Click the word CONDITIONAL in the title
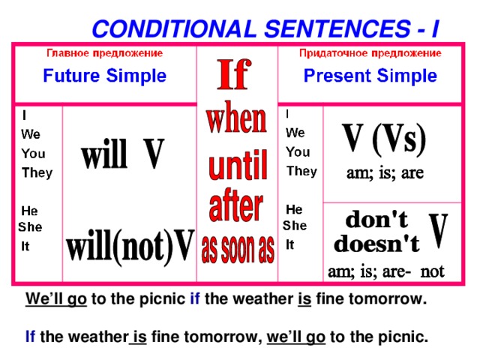pos(174,28)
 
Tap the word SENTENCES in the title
pos(337,28)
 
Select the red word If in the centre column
pos(234,74)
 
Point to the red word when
pos(236,118)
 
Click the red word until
pos(238,165)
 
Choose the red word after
pos(235,205)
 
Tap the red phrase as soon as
pos(238,249)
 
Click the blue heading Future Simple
pos(105,76)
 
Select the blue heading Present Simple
pos(370,76)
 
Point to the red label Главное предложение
pos(105,53)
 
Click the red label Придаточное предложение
pos(370,53)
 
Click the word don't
pos(376,219)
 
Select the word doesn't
pos(376,244)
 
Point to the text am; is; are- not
pos(385,271)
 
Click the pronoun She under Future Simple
pos(30,226)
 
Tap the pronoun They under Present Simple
pos(301,172)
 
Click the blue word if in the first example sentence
pos(195,298)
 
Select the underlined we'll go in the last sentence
pos(296,337)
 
